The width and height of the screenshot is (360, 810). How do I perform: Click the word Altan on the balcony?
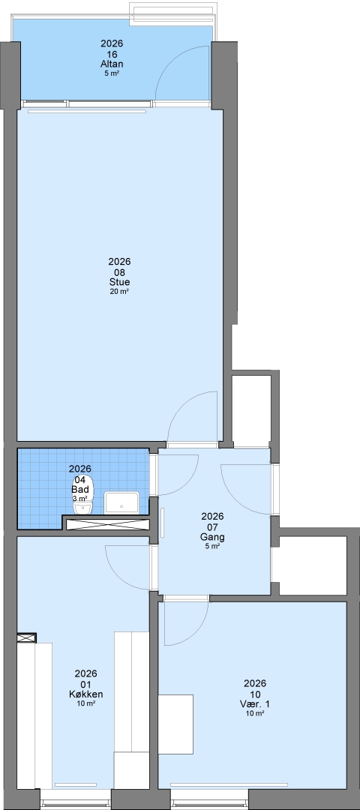(112, 64)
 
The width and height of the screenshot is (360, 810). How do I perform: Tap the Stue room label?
(119, 282)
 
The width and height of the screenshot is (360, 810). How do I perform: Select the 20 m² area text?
(119, 291)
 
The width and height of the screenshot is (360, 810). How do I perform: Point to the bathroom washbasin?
(122, 503)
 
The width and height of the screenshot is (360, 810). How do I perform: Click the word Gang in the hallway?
(212, 537)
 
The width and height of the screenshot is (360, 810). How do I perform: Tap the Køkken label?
(85, 694)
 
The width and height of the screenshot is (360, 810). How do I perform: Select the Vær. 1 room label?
(255, 704)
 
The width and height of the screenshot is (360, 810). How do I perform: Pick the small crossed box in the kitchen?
(27, 638)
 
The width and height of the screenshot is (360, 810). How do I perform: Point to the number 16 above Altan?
(112, 54)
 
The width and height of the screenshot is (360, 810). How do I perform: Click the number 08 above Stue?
(119, 272)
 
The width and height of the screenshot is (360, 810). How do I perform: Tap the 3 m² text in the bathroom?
(80, 499)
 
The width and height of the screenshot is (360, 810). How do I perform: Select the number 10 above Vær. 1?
(255, 694)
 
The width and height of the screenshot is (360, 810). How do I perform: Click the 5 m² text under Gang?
(212, 546)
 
